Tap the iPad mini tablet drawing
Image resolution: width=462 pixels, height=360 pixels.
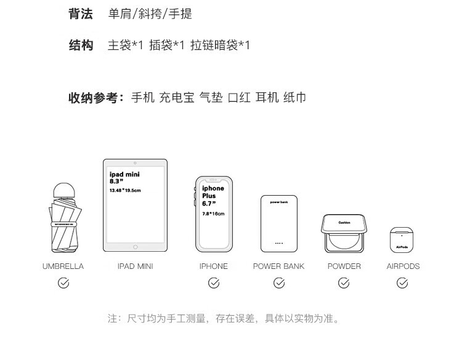click(x=135, y=206)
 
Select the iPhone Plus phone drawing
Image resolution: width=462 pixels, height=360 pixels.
click(x=214, y=214)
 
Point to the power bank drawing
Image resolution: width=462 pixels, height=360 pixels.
click(x=278, y=223)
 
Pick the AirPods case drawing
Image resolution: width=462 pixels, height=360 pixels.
click(x=402, y=239)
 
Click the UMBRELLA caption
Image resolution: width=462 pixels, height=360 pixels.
click(x=63, y=266)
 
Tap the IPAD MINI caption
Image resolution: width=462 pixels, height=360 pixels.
click(x=135, y=266)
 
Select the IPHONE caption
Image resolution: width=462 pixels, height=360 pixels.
click(x=214, y=266)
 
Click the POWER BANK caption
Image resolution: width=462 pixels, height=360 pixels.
click(x=278, y=266)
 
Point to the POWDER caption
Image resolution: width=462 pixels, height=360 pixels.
click(x=344, y=266)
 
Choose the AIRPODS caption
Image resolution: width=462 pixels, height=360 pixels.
click(x=403, y=266)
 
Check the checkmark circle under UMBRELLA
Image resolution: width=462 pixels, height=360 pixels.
click(x=63, y=283)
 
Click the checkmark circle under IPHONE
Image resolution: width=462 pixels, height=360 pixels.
click(x=214, y=283)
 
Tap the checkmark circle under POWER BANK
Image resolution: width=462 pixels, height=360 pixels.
click(x=279, y=283)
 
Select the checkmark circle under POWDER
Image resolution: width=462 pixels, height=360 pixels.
click(x=344, y=283)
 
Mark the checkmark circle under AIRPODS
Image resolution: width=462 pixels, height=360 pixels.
click(x=402, y=283)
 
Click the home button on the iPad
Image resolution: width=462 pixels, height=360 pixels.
click(x=135, y=247)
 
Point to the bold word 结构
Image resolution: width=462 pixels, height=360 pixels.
click(x=81, y=45)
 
